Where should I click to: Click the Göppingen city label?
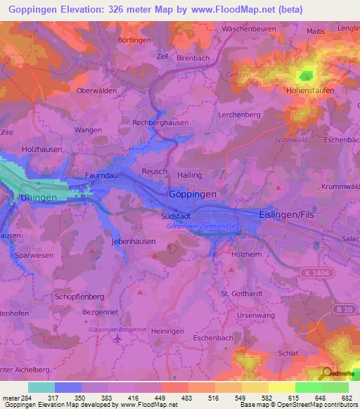click(193, 193)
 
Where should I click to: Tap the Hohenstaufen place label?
click(309, 91)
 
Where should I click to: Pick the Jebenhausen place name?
click(133, 240)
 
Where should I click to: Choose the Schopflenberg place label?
click(79, 297)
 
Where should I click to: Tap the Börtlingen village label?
click(134, 41)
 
